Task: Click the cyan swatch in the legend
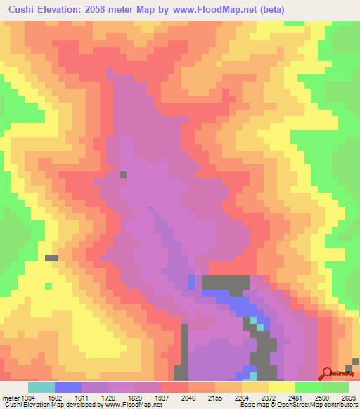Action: (x=41, y=387)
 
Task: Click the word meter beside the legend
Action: (x=8, y=397)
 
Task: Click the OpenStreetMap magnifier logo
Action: (x=327, y=372)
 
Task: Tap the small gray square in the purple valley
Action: (x=124, y=175)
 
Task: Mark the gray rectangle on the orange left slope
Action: (x=51, y=258)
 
